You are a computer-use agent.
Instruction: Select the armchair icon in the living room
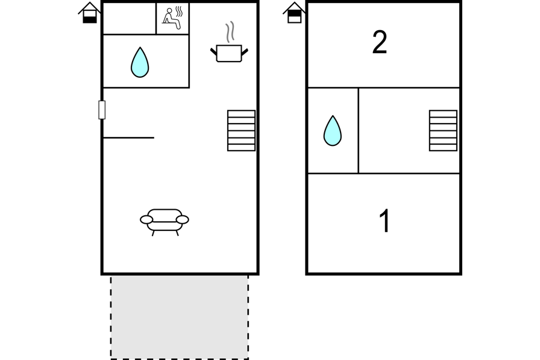(x=165, y=222)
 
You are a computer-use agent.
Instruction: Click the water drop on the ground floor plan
(x=140, y=62)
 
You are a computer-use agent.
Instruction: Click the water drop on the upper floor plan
(x=332, y=131)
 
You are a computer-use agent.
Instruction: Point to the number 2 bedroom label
(x=380, y=42)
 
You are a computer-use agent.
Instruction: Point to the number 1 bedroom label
(x=385, y=221)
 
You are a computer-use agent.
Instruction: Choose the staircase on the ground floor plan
(x=241, y=131)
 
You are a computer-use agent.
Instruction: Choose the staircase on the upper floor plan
(x=443, y=131)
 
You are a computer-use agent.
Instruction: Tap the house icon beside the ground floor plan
(x=90, y=13)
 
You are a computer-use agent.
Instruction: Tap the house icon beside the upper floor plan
(x=295, y=13)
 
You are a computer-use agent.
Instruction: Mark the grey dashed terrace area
(x=180, y=317)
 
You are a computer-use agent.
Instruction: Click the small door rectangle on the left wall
(x=102, y=110)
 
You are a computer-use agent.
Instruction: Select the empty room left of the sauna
(x=130, y=19)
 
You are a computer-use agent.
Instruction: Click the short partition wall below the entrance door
(x=129, y=138)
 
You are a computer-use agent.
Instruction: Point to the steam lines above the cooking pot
(x=230, y=32)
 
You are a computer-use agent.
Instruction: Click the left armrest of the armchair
(x=146, y=219)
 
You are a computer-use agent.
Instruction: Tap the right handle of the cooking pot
(x=245, y=52)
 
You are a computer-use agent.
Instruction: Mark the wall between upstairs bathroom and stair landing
(x=358, y=131)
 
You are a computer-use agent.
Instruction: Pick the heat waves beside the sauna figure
(x=179, y=11)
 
